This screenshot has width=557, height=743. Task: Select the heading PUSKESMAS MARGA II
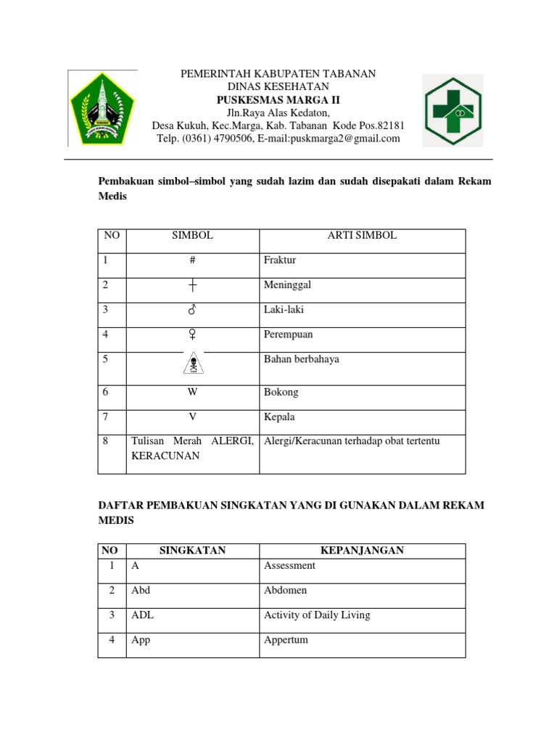point(278,100)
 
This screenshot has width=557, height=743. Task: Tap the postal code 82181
point(391,126)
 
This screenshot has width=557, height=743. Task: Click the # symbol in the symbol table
point(192,260)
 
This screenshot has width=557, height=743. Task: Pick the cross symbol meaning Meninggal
point(192,286)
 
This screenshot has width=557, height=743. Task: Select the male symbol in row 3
point(192,310)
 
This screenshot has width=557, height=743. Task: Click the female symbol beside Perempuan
point(192,334)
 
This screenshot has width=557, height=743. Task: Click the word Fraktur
point(281,260)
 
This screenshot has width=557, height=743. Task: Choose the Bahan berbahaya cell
point(301,359)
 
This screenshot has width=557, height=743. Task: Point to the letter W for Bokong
point(192,393)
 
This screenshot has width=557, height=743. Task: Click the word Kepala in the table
point(279,417)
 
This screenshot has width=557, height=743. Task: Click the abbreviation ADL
point(142,615)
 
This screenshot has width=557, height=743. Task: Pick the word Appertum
point(286,640)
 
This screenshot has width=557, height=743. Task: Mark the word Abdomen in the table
point(286,590)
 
